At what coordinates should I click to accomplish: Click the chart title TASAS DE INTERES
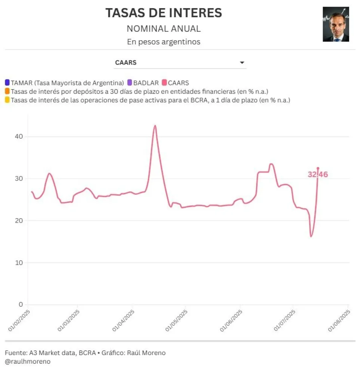(164, 13)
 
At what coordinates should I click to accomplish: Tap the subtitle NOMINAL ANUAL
(164, 29)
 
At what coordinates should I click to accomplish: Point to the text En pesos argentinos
(164, 42)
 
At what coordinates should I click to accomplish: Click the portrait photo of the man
(336, 24)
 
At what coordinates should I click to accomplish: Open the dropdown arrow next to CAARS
(242, 63)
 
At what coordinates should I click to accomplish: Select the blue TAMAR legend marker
(7, 83)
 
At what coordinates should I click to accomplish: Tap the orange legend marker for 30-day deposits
(7, 91)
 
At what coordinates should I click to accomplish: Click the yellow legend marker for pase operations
(7, 100)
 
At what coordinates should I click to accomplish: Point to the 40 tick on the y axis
(19, 137)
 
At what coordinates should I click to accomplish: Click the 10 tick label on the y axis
(19, 263)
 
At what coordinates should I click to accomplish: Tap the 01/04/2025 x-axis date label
(123, 320)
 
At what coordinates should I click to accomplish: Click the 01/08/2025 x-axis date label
(339, 320)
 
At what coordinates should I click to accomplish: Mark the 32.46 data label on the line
(318, 174)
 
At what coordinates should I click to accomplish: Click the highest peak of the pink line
(155, 126)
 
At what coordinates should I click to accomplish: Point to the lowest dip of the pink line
(311, 236)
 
